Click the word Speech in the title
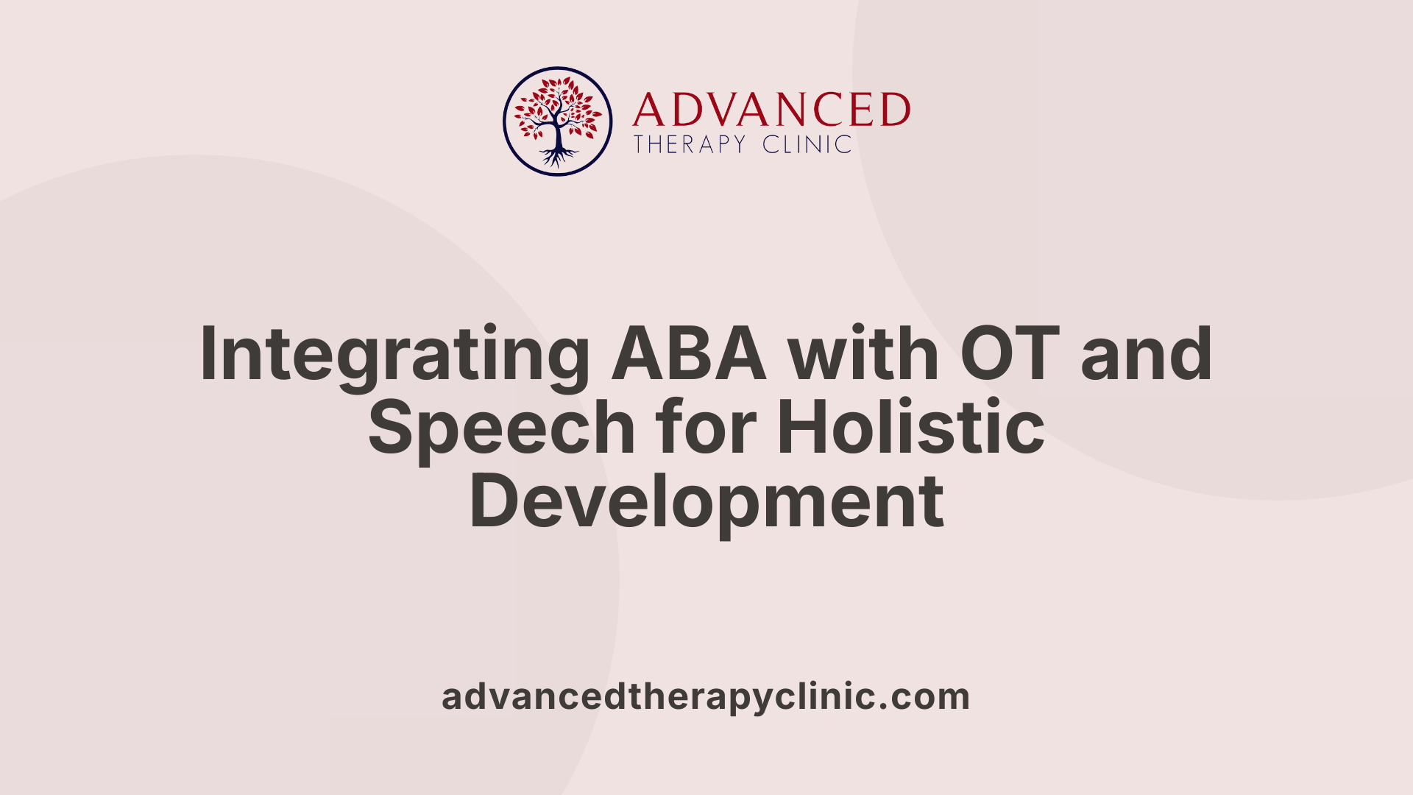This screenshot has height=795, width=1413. (501, 429)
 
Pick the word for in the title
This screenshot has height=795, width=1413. (707, 428)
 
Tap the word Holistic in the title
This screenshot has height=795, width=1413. (911, 428)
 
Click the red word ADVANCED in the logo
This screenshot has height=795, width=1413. (771, 110)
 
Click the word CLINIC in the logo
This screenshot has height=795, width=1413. (807, 144)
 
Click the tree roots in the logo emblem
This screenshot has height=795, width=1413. (558, 157)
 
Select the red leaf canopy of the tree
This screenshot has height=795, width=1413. (558, 103)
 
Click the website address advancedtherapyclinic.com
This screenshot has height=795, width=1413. (705, 697)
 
